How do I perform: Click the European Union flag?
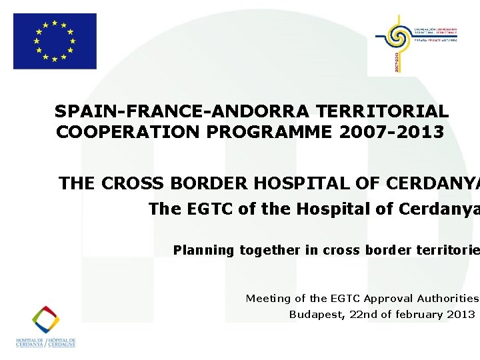(55, 41)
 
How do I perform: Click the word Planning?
(203, 251)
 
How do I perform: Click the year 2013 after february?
(463, 315)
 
